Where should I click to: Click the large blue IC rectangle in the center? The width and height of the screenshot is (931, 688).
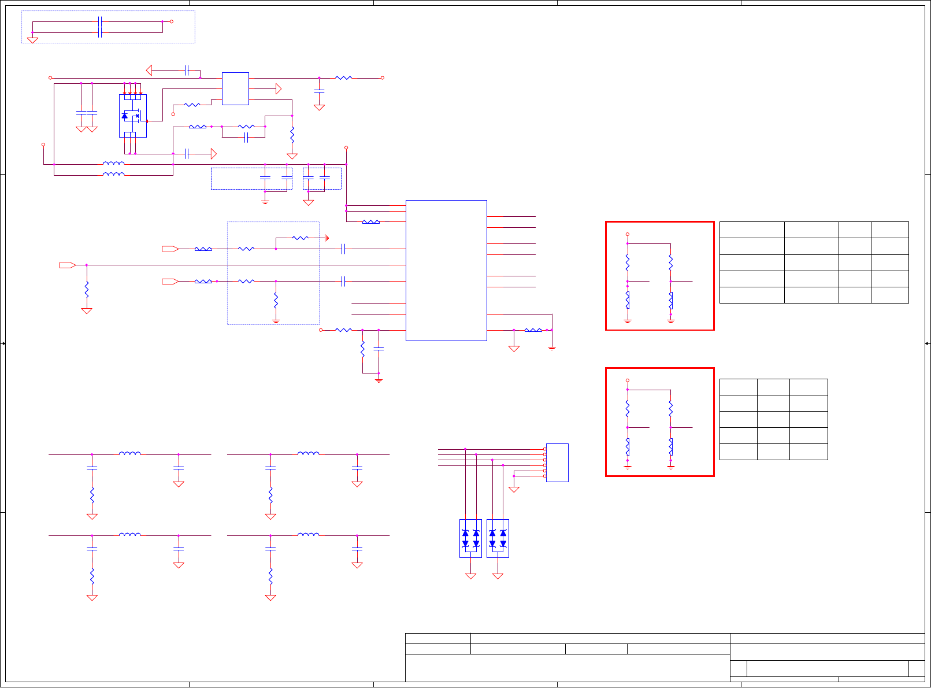coord(446,270)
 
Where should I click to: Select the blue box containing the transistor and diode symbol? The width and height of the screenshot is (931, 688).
coord(133,116)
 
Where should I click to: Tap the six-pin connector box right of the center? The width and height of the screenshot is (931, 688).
coord(557,463)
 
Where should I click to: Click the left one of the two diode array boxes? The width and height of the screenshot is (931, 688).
coord(470,538)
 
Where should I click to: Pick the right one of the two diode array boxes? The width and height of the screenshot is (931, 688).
coord(498,538)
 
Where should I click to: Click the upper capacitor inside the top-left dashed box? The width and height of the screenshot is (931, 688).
coord(100,21)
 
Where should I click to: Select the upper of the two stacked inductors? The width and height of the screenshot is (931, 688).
coord(113,164)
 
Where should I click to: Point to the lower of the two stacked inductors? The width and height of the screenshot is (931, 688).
coord(113,174)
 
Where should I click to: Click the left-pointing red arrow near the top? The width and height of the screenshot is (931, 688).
coord(149,71)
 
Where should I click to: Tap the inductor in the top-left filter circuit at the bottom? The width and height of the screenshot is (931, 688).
coord(130,454)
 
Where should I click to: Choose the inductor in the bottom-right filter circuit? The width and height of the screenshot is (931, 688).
coord(308,535)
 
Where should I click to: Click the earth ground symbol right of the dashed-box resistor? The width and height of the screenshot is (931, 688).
coord(327,238)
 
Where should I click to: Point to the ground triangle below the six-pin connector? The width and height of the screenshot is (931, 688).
coord(514,489)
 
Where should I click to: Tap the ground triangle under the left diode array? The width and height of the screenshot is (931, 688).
coord(471,576)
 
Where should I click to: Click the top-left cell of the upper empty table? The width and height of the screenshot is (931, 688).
coord(751,230)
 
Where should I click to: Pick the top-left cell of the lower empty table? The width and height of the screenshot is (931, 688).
coord(738,387)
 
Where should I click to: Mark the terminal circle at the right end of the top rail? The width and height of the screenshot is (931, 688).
coord(383,77)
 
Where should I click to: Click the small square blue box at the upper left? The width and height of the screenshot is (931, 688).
coord(235,88)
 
